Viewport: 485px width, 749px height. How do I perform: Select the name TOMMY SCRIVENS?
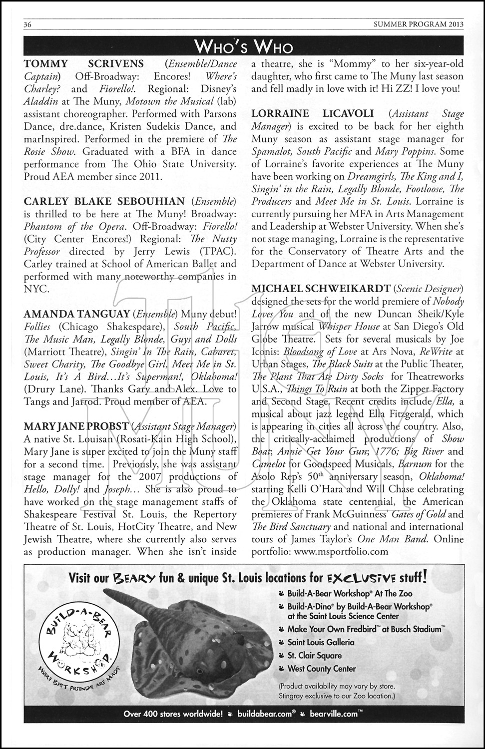coord(84,63)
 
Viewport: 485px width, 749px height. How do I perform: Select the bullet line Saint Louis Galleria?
coord(321,642)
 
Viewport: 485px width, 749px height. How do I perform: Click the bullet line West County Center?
coord(321,669)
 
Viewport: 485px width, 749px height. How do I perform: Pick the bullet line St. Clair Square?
coord(314,655)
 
